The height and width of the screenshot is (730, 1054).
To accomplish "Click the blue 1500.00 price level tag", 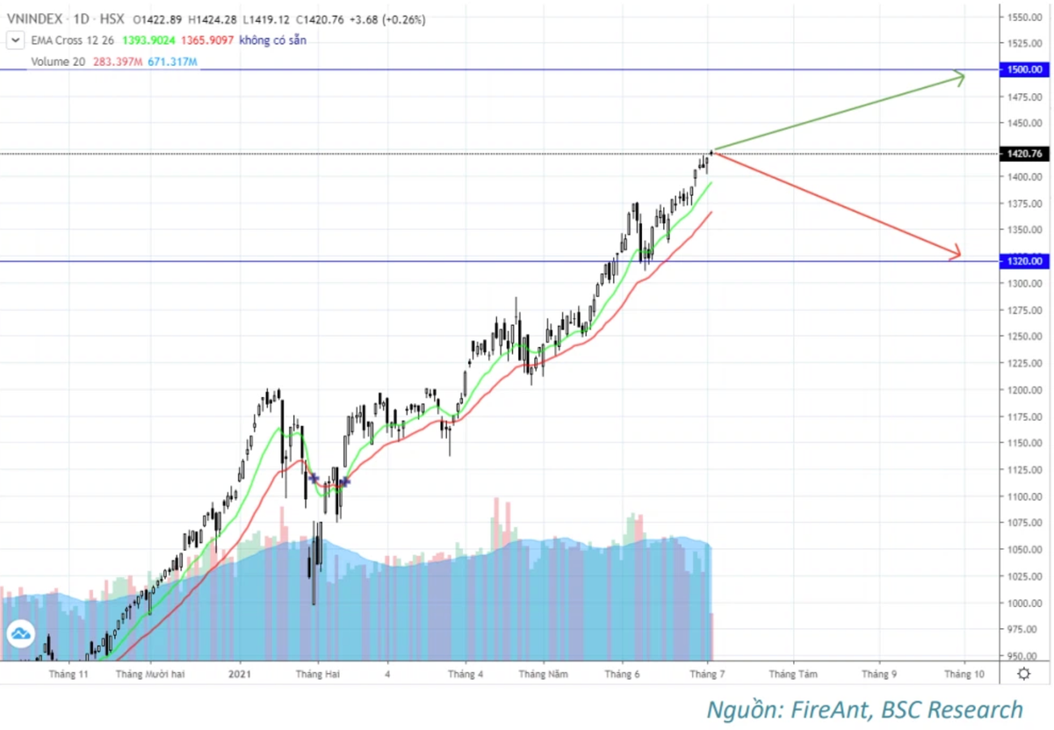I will [1025, 69].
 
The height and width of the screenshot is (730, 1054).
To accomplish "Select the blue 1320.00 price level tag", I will [1025, 261].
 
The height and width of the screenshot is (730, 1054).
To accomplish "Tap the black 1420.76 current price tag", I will [1025, 154].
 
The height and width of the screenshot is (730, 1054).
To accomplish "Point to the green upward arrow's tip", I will [964, 76].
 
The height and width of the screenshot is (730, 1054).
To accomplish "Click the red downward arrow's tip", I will [960, 256].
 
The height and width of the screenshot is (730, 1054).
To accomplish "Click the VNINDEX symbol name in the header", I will [34, 18].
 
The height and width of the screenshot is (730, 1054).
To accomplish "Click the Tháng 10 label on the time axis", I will [964, 674].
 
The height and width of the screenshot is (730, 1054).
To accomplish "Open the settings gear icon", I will [1024, 674].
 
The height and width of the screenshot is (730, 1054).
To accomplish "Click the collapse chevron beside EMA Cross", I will [15, 40].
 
